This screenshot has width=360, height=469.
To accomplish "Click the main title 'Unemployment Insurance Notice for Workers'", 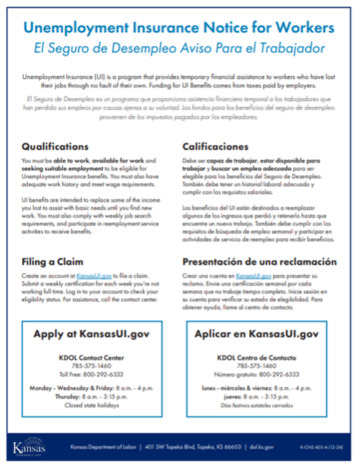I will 179,28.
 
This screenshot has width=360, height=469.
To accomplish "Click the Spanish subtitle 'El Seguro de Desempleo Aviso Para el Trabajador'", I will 179,48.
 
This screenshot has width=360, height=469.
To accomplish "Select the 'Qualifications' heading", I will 55,147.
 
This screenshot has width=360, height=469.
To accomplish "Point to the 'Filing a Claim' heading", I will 53,262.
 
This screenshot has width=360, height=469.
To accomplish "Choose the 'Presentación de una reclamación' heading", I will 259,262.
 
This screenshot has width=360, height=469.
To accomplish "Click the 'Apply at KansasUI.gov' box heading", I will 95,334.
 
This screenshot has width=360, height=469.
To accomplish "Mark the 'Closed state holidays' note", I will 94,405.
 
